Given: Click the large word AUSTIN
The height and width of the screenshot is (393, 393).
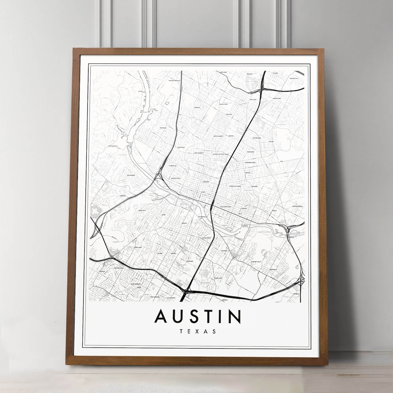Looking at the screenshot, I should point(198,316).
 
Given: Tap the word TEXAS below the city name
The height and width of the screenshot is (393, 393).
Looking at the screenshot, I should point(198,332).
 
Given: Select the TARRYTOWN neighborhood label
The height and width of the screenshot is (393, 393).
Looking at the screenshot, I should point(163,128).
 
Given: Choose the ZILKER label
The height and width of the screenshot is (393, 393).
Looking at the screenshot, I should point(164,215).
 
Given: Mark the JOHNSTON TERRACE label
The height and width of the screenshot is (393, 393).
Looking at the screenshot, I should point(297,206).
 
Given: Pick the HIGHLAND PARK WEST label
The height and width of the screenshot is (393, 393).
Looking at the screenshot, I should point(174,80).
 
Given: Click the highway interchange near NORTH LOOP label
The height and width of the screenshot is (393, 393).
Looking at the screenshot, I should point(262,88).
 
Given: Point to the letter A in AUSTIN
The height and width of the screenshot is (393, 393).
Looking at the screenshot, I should point(160,316).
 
